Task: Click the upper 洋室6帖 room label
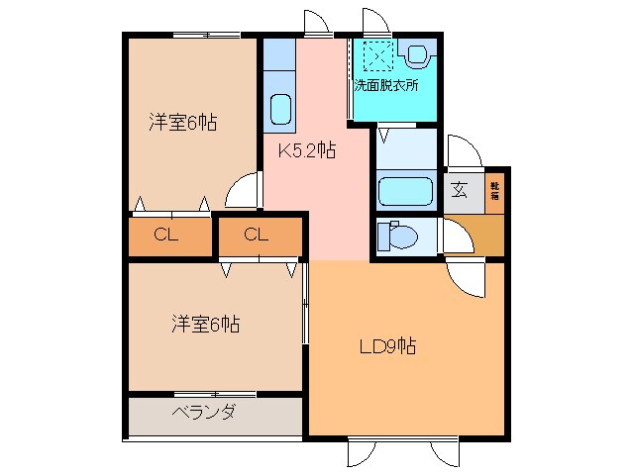click(183, 123)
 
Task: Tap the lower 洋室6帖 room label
click(206, 323)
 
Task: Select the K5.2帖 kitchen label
click(306, 151)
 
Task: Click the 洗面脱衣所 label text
click(386, 85)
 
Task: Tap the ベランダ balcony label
click(203, 412)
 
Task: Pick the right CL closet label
click(257, 236)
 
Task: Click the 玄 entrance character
click(460, 192)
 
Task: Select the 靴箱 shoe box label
click(494, 192)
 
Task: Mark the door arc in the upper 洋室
click(242, 193)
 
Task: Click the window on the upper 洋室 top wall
click(207, 36)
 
